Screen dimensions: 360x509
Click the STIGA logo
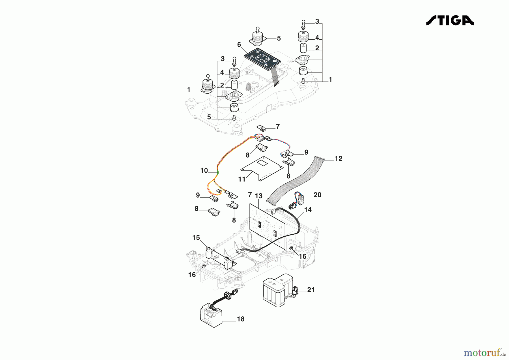click(x=450, y=20)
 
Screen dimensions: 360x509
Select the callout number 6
click(x=239, y=45)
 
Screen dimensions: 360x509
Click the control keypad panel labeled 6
click(x=262, y=59)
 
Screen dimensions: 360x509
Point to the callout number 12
click(x=338, y=159)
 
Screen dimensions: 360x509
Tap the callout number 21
click(x=311, y=290)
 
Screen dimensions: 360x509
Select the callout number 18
click(x=240, y=319)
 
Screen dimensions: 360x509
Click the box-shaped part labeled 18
click(x=211, y=316)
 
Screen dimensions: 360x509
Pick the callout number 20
click(x=317, y=195)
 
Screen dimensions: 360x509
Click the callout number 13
click(x=258, y=196)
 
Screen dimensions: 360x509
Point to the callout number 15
click(x=196, y=238)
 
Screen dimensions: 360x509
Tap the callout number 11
click(x=242, y=179)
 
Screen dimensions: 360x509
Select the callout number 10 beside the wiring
click(x=204, y=171)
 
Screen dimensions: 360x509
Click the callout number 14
click(x=308, y=210)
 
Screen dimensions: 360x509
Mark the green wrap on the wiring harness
click(x=217, y=172)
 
